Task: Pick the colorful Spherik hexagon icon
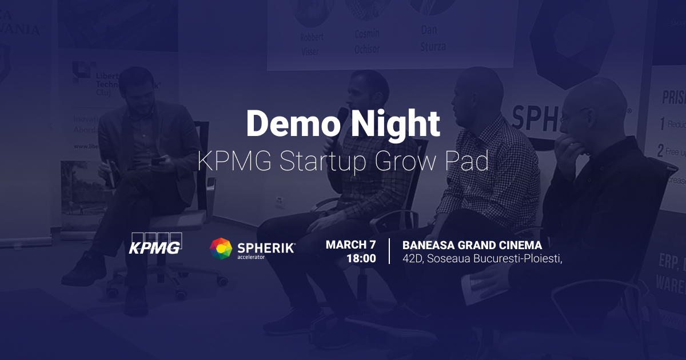[x=221, y=249]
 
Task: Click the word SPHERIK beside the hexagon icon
[x=266, y=247]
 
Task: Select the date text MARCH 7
[x=351, y=245]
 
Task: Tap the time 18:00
[x=361, y=258]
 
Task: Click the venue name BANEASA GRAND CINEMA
[x=472, y=245]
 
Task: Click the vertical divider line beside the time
[x=389, y=251]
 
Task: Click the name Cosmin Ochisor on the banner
[x=366, y=41]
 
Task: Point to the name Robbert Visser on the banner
[x=311, y=45]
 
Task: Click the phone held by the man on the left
[x=158, y=161]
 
